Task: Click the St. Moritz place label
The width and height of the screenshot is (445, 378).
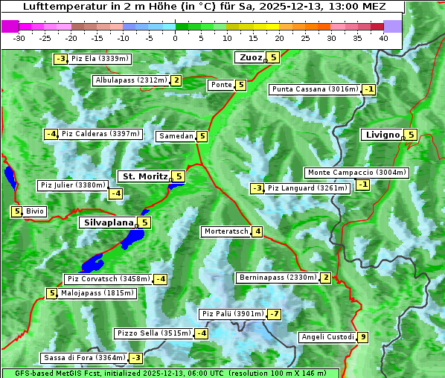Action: pos(144,176)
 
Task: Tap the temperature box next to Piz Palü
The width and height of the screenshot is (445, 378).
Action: pos(275,314)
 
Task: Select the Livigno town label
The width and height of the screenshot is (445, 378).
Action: pos(382,135)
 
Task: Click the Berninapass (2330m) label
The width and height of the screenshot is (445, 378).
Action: pos(278,278)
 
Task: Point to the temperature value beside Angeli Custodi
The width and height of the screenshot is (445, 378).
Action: pos(362,337)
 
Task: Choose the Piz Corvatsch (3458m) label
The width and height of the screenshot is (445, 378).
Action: pos(108,279)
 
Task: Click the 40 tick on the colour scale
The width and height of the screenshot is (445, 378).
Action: pos(383,38)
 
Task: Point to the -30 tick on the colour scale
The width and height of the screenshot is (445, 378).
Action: pos(19,38)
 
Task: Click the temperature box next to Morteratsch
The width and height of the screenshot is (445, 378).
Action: pos(257,231)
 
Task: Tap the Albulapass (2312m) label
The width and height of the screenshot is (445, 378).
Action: pos(130,80)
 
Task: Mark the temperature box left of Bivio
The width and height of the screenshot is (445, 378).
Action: pos(16,211)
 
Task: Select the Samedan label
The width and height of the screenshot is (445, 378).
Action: pos(176,136)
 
